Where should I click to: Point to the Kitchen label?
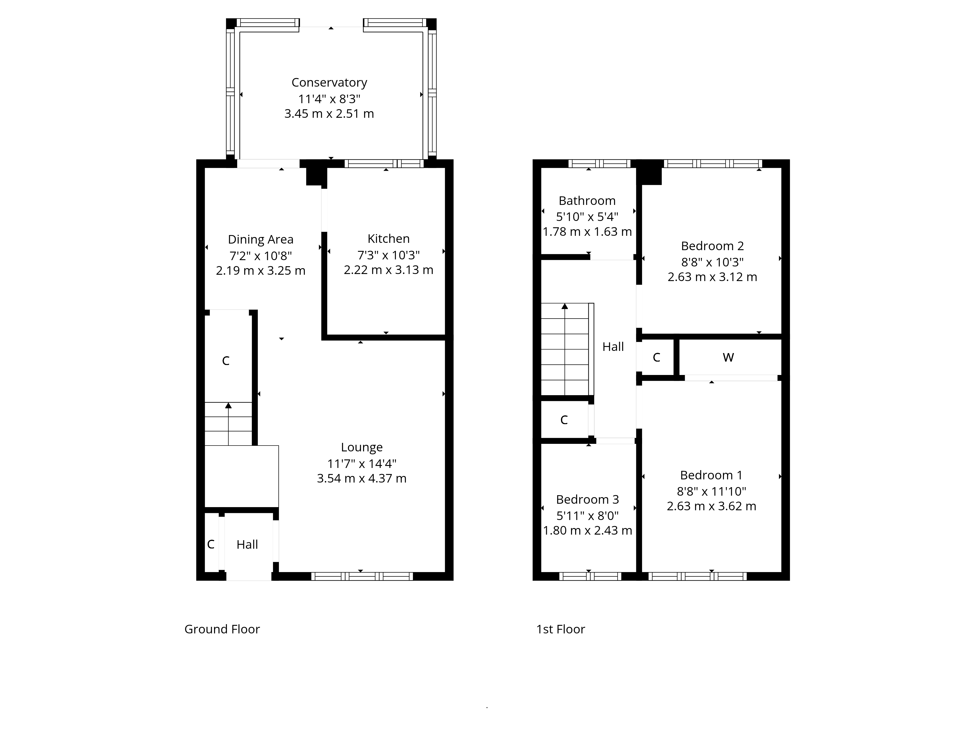click(x=388, y=239)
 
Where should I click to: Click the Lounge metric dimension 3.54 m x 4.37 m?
click(x=362, y=479)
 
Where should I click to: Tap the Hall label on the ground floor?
click(x=247, y=545)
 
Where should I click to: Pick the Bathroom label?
click(x=587, y=201)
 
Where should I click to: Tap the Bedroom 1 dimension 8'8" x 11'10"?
click(x=711, y=492)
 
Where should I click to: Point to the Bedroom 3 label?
click(x=587, y=500)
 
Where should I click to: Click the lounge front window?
click(x=362, y=576)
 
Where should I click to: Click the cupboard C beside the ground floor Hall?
click(x=211, y=545)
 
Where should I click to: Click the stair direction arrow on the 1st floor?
click(x=565, y=307)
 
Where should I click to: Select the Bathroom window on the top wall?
click(x=599, y=164)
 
